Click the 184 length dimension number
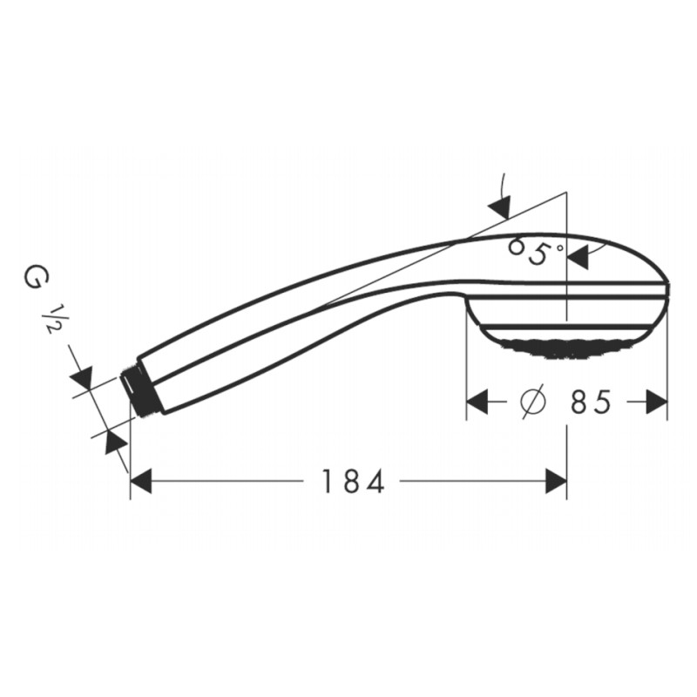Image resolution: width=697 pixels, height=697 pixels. (x=351, y=482)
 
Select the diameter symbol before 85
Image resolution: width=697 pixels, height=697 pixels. (x=531, y=403)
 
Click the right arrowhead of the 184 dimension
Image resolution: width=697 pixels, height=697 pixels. (x=556, y=481)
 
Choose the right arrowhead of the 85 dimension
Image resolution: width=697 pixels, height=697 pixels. (x=657, y=403)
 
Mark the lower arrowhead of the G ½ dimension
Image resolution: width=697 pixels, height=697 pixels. (x=113, y=442)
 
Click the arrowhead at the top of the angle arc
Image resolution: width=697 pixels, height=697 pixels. (x=499, y=206)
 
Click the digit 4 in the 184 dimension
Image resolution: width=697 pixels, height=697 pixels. (x=376, y=482)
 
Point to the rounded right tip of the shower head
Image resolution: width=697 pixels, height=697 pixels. (x=669, y=291)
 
